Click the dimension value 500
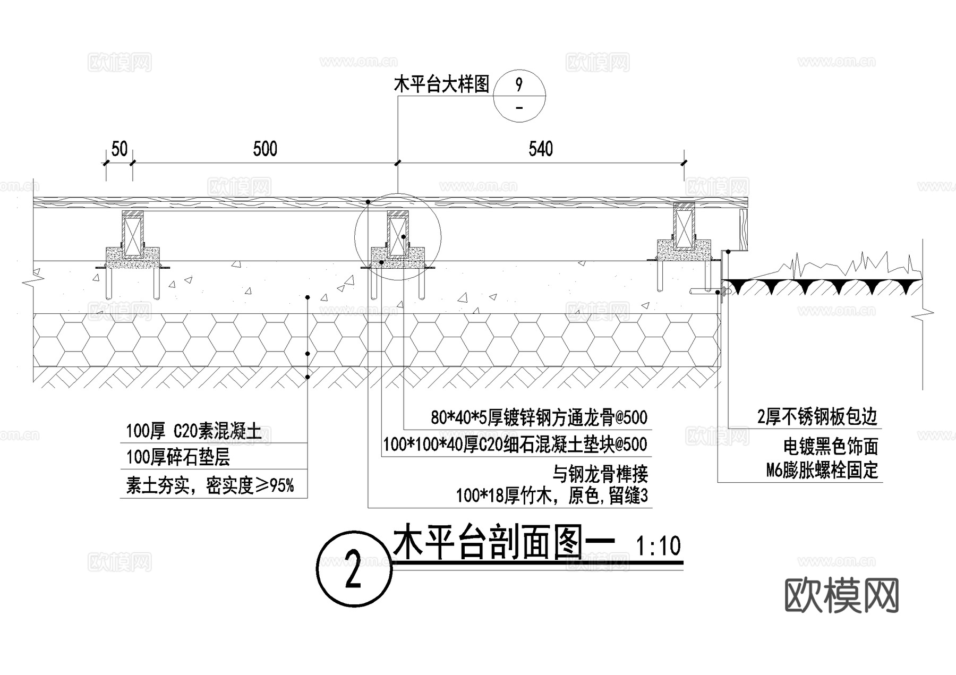pyautogui.click(x=265, y=149)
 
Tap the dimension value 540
pyautogui.click(x=541, y=149)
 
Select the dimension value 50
pyautogui.click(x=119, y=149)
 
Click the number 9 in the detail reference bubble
pyautogui.click(x=519, y=84)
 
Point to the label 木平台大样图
pyautogui.click(x=441, y=84)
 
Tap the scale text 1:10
pyautogui.click(x=658, y=546)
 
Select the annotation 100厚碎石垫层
pyautogui.click(x=178, y=457)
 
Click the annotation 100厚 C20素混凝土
pyautogui.click(x=193, y=431)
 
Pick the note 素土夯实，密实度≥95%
pyautogui.click(x=210, y=485)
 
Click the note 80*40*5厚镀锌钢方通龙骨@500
pyautogui.click(x=539, y=418)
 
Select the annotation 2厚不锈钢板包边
pyautogui.click(x=817, y=417)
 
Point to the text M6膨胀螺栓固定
pyautogui.click(x=822, y=471)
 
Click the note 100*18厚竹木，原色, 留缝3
pyautogui.click(x=552, y=496)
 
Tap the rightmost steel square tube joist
pyautogui.click(x=684, y=227)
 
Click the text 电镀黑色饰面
pyautogui.click(x=831, y=447)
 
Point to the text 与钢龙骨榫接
pyautogui.click(x=600, y=473)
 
